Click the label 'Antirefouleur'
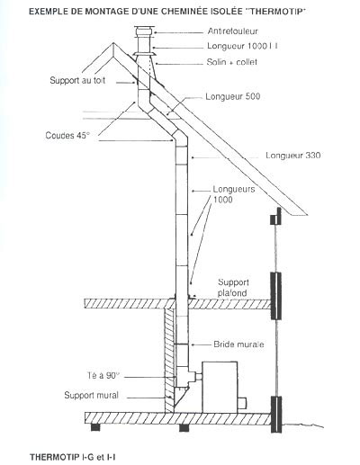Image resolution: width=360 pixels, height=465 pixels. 232,31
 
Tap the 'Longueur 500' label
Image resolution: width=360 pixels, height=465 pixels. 233,96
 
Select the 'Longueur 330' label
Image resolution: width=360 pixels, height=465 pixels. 293,156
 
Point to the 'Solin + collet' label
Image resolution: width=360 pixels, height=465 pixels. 232,62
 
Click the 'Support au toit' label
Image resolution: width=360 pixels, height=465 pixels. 77,80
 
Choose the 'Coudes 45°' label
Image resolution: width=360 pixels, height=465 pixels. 67,135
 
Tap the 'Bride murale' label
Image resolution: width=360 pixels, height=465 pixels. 238,344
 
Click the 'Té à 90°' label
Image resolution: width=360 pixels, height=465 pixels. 103,375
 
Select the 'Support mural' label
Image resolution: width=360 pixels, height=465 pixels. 92,395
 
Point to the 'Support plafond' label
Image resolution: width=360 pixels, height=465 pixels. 233,288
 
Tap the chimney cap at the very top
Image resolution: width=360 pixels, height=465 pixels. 144,31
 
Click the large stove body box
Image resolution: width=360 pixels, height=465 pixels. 220,387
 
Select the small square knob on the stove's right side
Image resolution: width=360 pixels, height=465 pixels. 242,403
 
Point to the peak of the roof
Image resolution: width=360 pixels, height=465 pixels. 113,43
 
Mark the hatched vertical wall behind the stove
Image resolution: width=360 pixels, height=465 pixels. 169,361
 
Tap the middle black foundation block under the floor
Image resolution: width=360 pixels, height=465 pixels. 184,428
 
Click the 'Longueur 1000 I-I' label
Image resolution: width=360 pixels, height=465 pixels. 242,46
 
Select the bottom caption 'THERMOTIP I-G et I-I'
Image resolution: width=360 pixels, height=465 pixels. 73,457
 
